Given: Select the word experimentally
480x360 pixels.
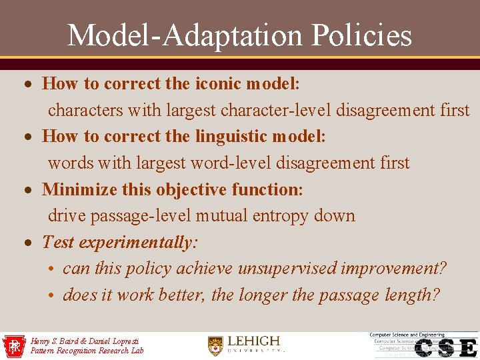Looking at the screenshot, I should [138, 243].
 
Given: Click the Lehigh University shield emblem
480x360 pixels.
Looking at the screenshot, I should [215, 345].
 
